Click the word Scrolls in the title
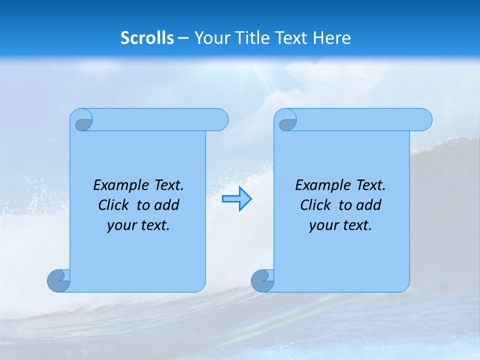(x=147, y=38)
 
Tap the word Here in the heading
(x=332, y=38)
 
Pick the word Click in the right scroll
(x=315, y=205)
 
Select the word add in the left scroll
(x=167, y=205)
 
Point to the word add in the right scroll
(x=369, y=205)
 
